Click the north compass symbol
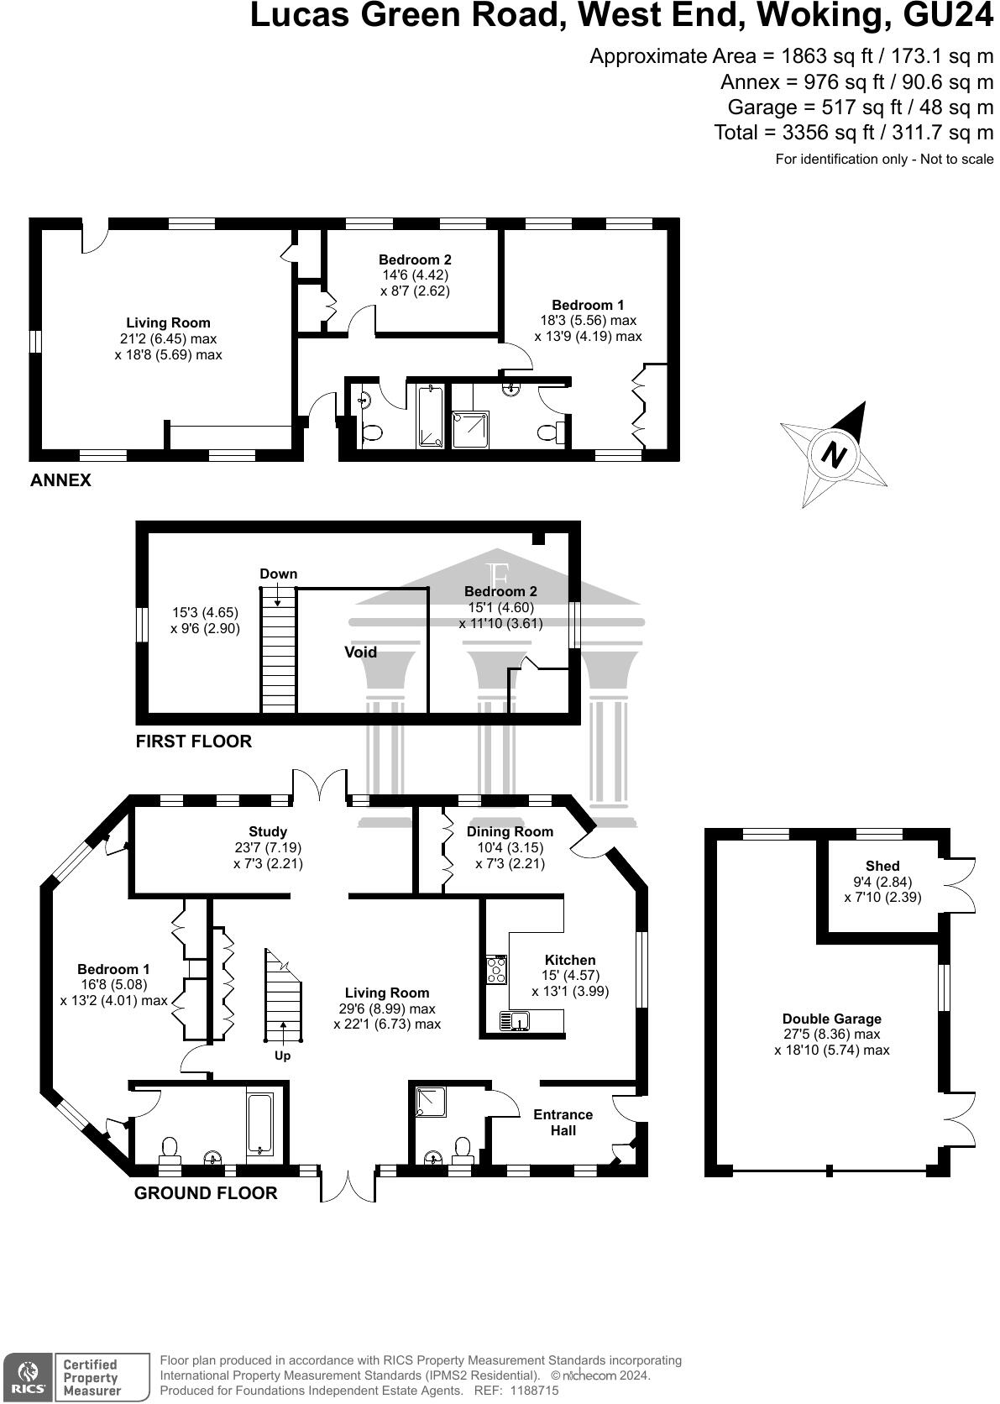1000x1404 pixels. [833, 455]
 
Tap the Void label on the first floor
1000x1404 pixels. [360, 652]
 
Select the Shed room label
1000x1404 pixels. [882, 866]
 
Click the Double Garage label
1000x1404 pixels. [831, 1019]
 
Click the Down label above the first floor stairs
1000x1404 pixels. [278, 574]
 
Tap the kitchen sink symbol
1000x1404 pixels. [514, 1021]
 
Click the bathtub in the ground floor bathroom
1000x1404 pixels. [259, 1123]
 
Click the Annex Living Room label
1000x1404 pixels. [168, 323]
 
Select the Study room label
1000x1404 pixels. [268, 832]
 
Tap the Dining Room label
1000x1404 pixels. [510, 832]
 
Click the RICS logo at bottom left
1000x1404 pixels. [27, 1377]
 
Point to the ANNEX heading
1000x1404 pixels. [60, 481]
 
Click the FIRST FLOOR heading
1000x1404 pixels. [194, 741]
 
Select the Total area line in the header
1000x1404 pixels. [853, 133]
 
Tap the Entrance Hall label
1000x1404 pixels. [563, 1123]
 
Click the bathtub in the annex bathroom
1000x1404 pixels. [431, 416]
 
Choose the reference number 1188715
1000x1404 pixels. [529, 1391]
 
